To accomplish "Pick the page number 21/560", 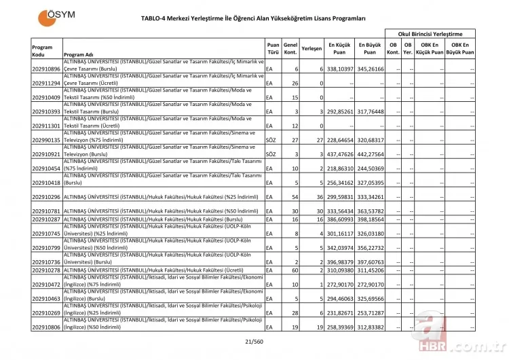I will coord(254,342).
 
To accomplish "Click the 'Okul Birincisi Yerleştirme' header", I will coord(430,33).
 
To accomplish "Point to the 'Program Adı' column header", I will coord(78,54).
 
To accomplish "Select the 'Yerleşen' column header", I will coord(311,48).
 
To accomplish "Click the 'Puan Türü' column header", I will coord(273,48).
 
